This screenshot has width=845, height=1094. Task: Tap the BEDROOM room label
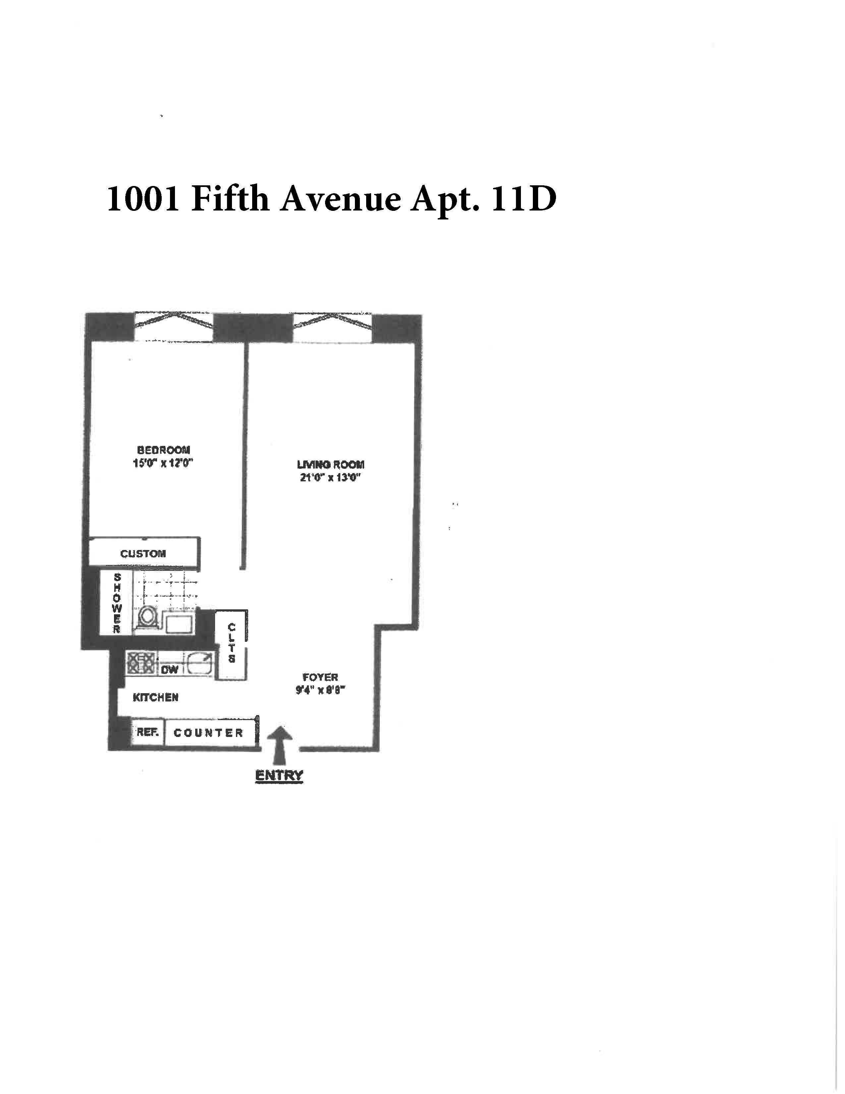pyautogui.click(x=164, y=450)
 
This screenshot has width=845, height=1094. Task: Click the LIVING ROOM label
pyautogui.click(x=330, y=464)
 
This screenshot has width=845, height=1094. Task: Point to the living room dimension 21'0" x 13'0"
pyautogui.click(x=330, y=477)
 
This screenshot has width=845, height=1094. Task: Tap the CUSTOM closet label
pyautogui.click(x=143, y=554)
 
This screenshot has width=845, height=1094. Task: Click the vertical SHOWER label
pyautogui.click(x=117, y=604)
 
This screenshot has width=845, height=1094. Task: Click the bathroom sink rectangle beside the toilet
pyautogui.click(x=180, y=625)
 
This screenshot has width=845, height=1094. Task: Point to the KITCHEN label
pyautogui.click(x=156, y=697)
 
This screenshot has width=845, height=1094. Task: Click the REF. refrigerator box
pyautogui.click(x=148, y=732)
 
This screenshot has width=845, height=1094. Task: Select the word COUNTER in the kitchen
pyautogui.click(x=208, y=733)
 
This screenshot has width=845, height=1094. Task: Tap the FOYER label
pyautogui.click(x=320, y=677)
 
